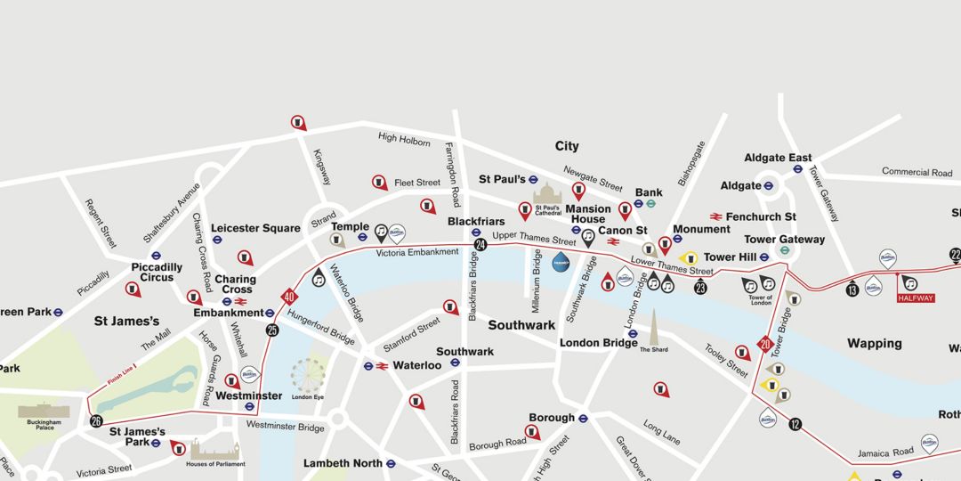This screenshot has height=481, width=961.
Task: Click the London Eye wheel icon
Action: tap(308, 374)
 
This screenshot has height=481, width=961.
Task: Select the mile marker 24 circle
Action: tap(480, 245)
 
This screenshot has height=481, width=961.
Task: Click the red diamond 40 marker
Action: tap(289, 297)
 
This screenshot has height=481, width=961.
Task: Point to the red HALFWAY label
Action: tap(917, 298)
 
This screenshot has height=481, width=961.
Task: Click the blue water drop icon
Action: tap(561, 262)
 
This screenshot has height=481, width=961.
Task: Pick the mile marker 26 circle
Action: tap(96, 421)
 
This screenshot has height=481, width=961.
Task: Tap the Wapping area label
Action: tap(874, 343)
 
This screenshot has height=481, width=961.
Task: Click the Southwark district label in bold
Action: tap(521, 325)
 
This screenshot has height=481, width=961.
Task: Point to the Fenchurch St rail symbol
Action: tap(715, 216)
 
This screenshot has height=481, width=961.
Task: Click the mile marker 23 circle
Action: tap(700, 287)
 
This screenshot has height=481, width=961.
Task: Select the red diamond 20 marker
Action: tap(764, 344)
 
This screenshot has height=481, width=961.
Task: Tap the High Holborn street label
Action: tap(404, 139)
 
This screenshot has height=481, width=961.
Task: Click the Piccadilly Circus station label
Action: tap(157, 272)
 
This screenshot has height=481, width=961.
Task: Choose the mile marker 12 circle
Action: tap(795, 424)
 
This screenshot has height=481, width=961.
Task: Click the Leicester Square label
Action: tap(255, 228)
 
